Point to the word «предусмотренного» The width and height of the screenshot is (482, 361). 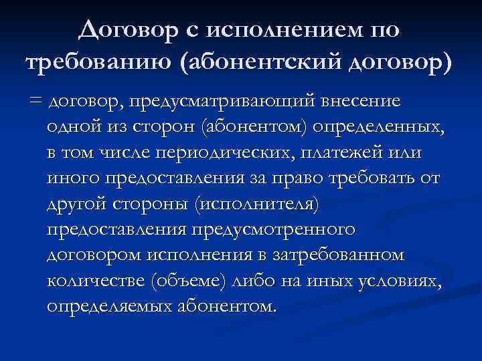click(x=275, y=229)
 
